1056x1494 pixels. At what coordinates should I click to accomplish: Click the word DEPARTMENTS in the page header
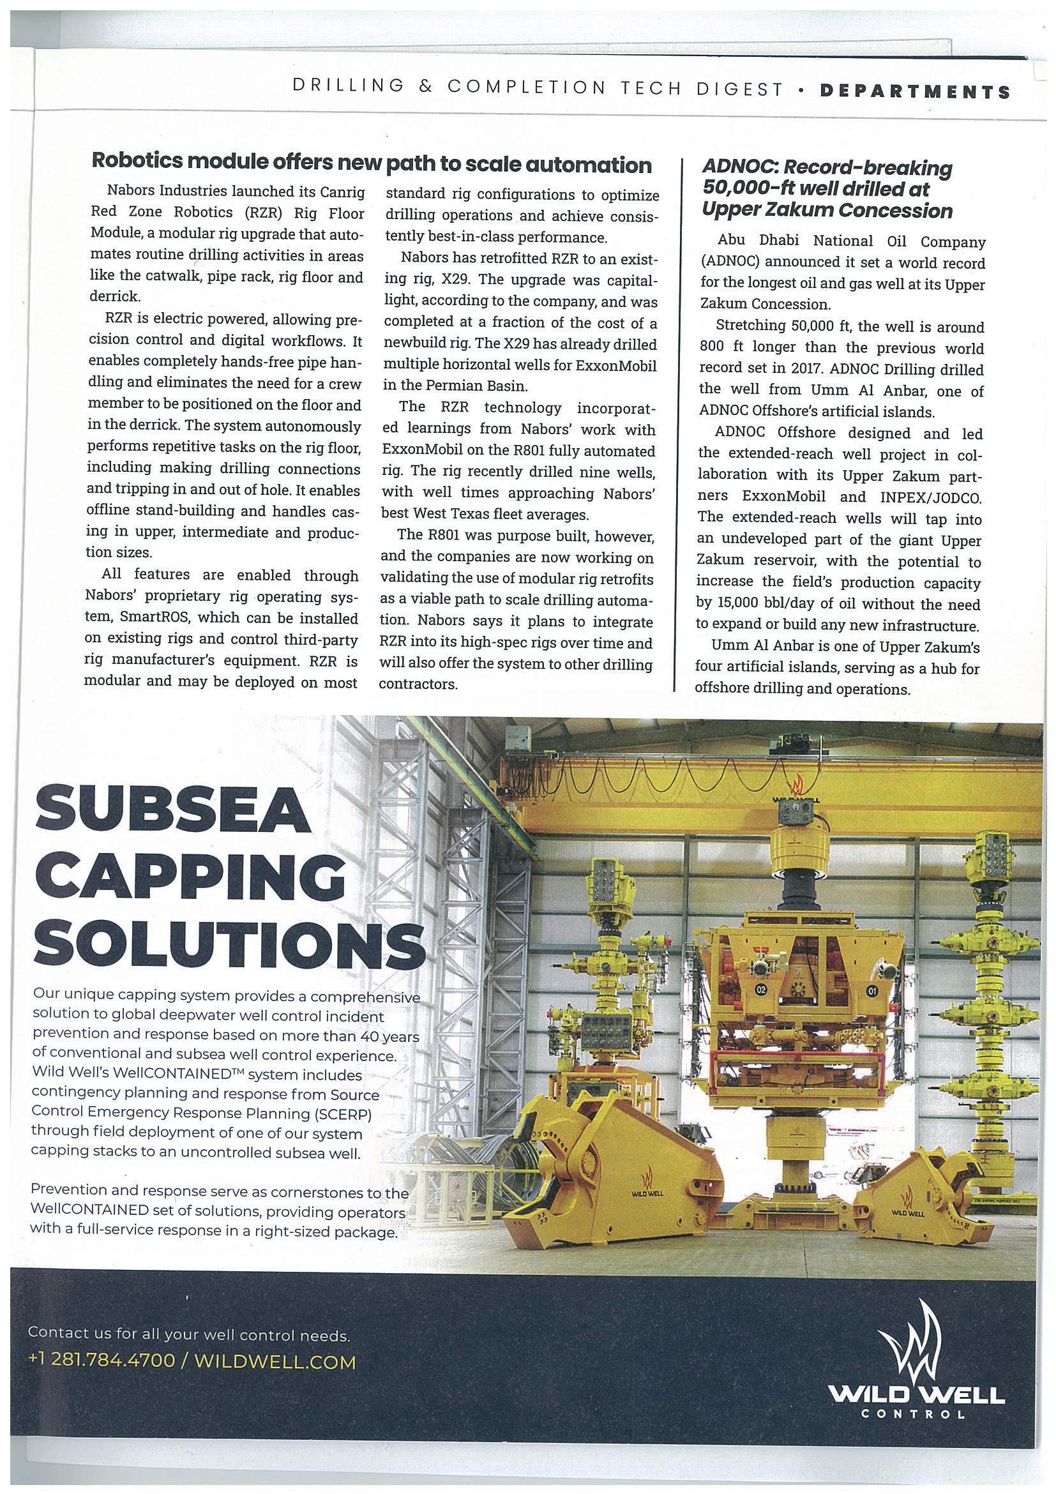(915, 91)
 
